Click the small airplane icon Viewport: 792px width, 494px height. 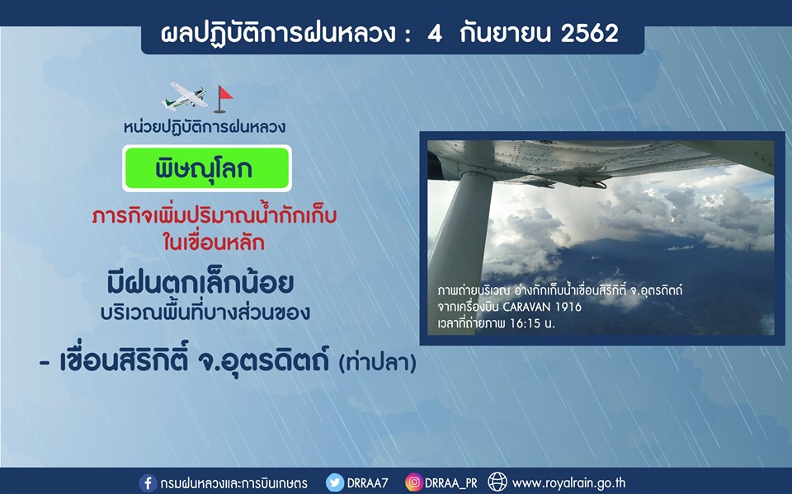(184, 96)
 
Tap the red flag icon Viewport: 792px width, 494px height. (223, 99)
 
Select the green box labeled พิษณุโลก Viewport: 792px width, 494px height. (207, 168)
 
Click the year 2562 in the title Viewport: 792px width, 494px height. (589, 33)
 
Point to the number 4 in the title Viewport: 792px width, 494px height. (435, 33)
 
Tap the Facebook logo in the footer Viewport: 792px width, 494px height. (148, 483)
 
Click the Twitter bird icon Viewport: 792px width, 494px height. (335, 483)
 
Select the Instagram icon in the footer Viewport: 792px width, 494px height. (413, 483)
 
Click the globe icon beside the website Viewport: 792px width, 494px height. (497, 483)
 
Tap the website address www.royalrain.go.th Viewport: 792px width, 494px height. (568, 483)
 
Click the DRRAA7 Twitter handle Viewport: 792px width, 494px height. (367, 483)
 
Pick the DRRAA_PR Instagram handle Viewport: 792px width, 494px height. (450, 483)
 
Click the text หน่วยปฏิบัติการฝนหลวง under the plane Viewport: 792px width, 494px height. (205, 126)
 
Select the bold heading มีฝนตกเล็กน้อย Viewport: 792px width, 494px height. (200, 283)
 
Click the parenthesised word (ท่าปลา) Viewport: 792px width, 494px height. (378, 363)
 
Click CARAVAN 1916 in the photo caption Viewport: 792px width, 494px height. (542, 307)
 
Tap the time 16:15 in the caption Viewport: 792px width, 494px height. (526, 323)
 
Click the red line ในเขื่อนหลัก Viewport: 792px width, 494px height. (214, 243)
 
